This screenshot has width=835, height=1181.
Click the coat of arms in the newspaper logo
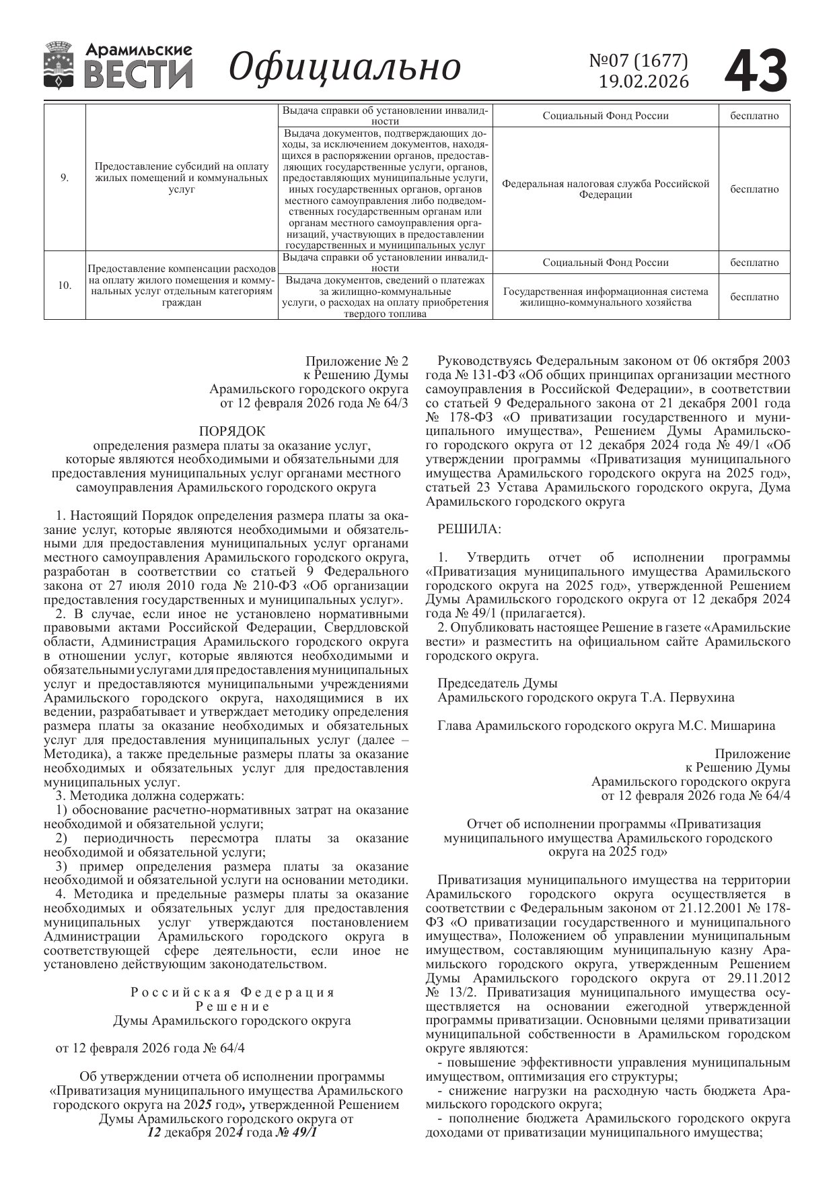[60, 65]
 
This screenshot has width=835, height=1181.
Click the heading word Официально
[345, 67]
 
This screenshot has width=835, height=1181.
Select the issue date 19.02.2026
[644, 81]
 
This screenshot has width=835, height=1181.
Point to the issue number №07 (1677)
[639, 61]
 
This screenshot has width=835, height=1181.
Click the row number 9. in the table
[65, 178]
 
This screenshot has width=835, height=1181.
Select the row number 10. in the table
[65, 285]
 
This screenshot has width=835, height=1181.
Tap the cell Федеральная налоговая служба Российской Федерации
[606, 189]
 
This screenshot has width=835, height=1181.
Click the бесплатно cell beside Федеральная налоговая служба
[754, 189]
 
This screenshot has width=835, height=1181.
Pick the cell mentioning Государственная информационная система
[606, 297]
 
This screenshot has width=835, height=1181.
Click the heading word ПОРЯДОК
[232, 431]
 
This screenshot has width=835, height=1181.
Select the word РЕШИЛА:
[469, 529]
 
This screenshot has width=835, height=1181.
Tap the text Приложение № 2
[357, 361]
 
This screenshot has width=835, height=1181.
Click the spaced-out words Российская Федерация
[232, 992]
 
